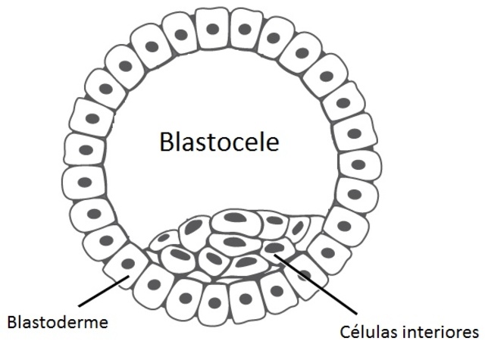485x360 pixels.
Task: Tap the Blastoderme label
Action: click(57, 321)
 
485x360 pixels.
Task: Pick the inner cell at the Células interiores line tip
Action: click(275, 248)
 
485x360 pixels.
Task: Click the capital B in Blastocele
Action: click(167, 142)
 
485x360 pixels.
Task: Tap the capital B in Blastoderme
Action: click(11, 321)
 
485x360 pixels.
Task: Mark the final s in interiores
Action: click(475, 332)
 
